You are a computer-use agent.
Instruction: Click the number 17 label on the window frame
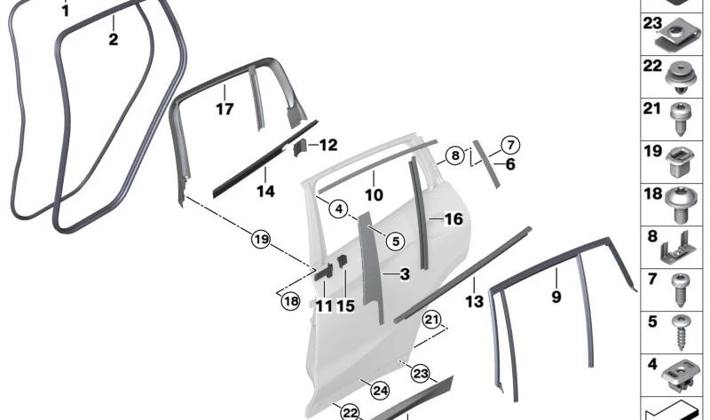225,109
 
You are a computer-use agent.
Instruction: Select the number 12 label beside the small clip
328,145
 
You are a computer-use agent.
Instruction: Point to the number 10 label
374,194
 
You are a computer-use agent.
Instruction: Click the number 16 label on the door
454,218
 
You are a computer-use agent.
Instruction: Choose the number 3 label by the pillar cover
404,275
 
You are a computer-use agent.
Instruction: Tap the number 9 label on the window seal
556,297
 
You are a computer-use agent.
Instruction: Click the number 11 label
324,305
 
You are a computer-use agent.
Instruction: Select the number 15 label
345,305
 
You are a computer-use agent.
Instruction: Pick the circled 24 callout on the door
380,389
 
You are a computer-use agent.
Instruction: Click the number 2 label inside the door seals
113,39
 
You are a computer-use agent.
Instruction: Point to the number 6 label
509,164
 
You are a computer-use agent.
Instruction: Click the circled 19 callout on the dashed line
260,239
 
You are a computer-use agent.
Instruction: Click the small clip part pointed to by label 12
300,146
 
